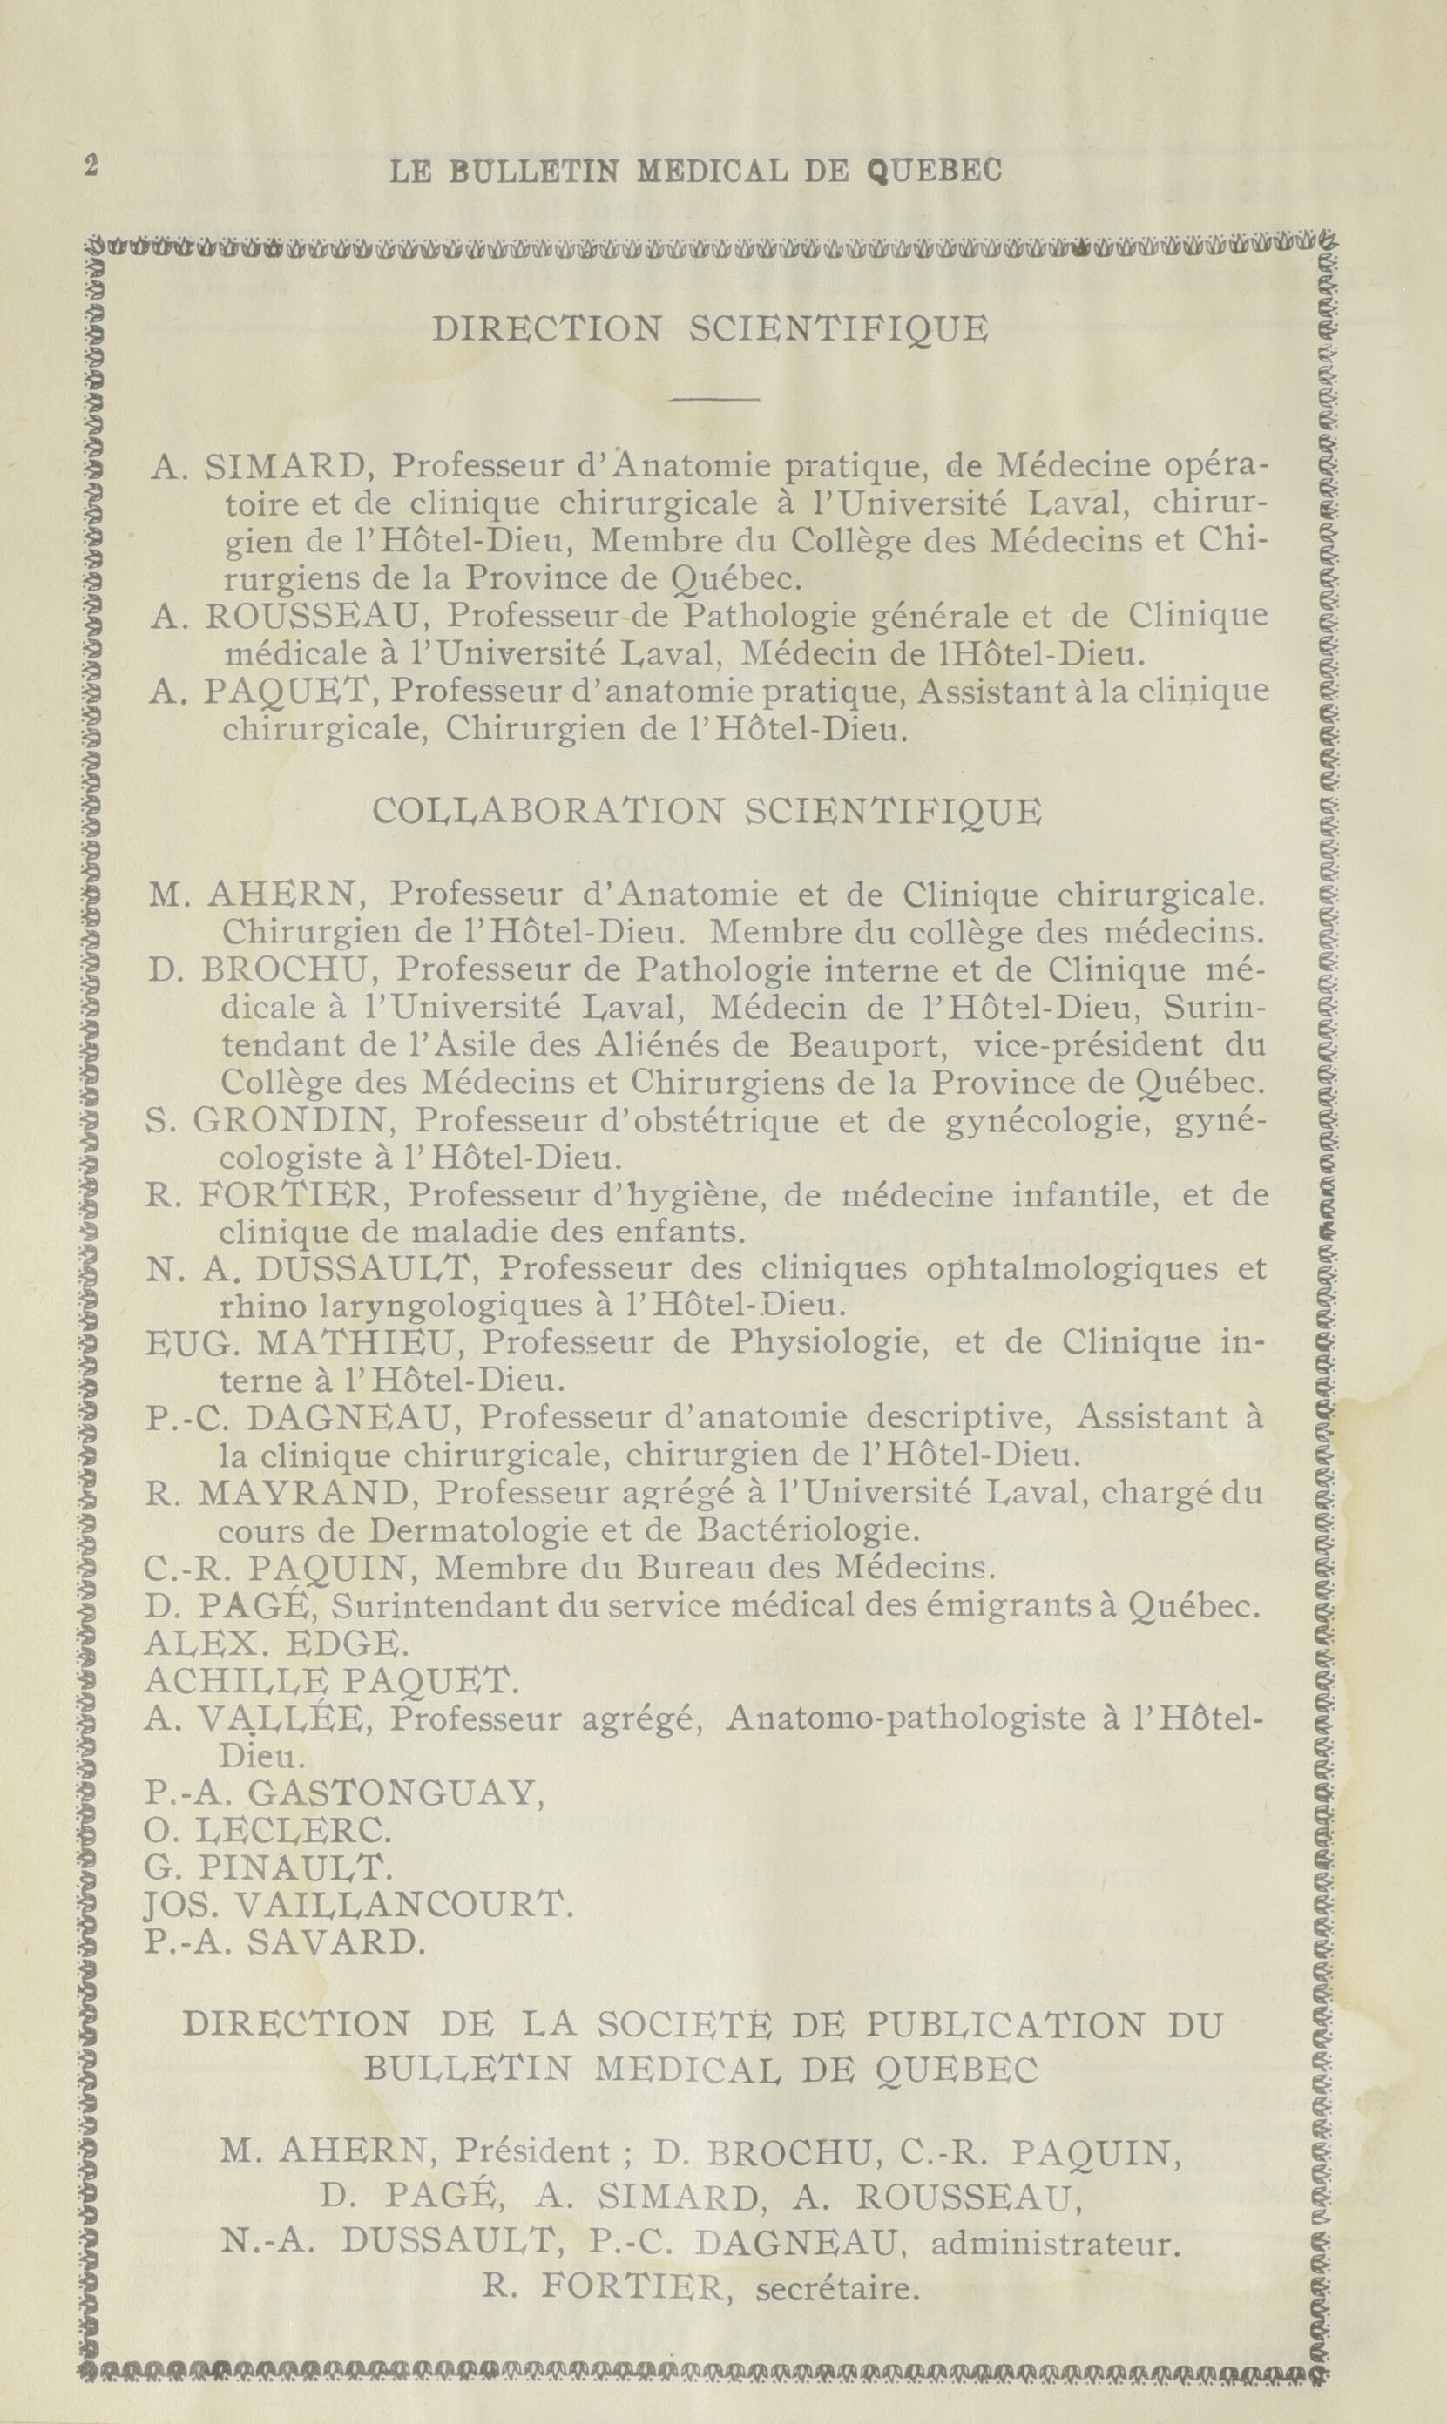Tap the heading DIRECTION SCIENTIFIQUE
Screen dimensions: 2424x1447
tap(709, 329)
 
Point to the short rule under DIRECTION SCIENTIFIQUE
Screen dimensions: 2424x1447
tap(714, 400)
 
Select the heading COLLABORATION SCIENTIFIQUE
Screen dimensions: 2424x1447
tap(707, 811)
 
